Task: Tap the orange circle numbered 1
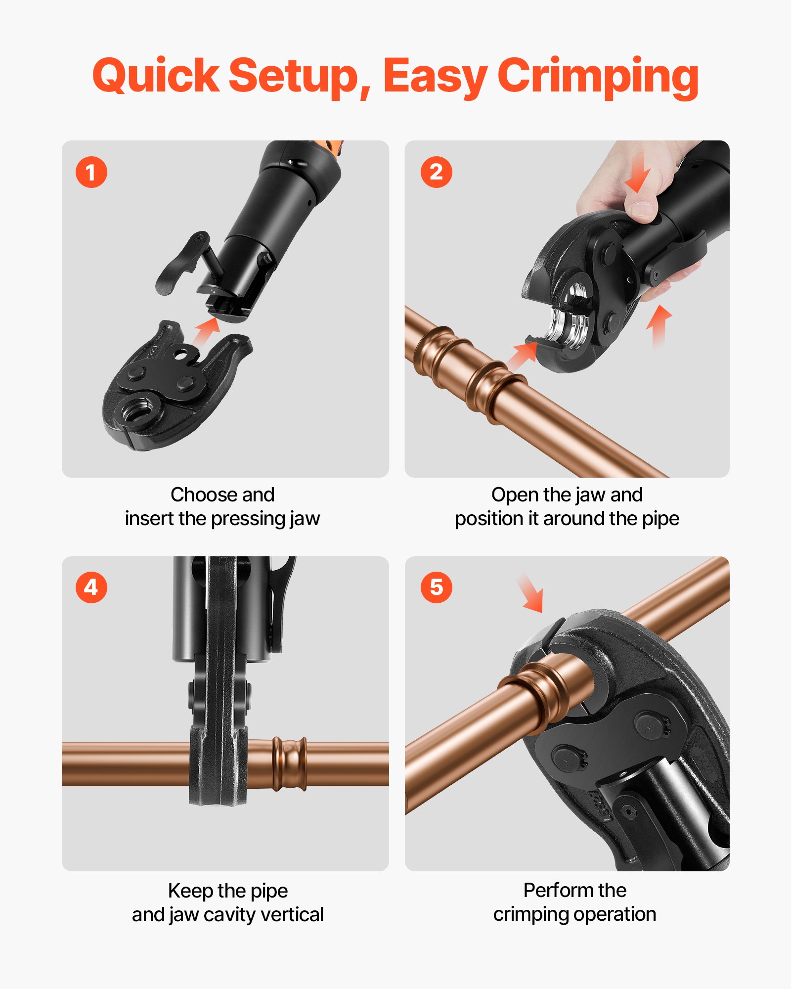(91, 172)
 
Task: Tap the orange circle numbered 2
(436, 172)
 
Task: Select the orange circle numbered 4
(91, 587)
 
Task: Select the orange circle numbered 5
(436, 587)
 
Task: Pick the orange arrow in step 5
(531, 593)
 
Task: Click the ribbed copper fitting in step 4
(289, 764)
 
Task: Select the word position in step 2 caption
(489, 519)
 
